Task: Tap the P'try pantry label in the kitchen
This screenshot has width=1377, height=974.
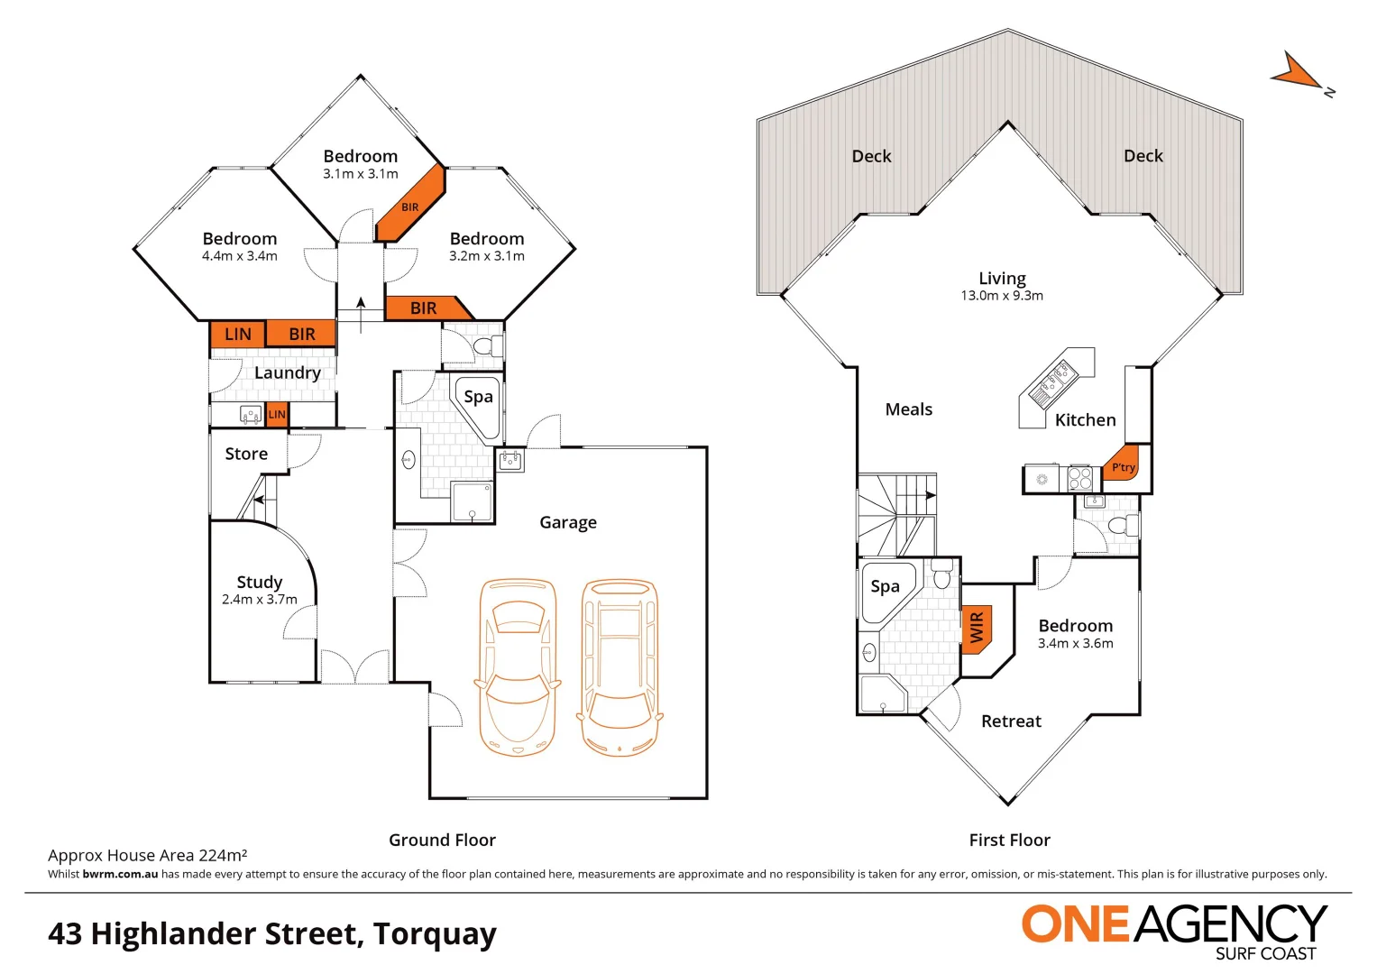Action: point(1123,466)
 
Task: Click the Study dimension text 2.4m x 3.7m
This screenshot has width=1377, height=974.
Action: point(259,600)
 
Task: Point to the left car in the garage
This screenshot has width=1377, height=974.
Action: point(518,666)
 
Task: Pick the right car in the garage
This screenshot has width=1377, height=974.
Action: point(620,666)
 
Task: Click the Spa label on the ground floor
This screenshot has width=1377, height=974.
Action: point(478,397)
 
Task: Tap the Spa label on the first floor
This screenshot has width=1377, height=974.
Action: point(885,587)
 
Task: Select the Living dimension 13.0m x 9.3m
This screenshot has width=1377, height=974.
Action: point(1002,296)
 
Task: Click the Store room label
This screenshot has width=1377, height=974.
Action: point(246,454)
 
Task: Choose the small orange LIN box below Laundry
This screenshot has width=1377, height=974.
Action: point(277,415)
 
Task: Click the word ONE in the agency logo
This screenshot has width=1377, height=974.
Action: point(1074,925)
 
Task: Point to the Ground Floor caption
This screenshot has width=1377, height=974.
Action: point(442,840)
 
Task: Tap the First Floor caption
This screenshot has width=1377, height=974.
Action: point(1009,840)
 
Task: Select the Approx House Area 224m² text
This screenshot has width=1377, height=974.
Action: point(147,855)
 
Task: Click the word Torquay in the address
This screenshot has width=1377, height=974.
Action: point(435,933)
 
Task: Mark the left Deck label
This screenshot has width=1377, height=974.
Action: point(871,156)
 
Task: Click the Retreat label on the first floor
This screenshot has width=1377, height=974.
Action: point(1011,721)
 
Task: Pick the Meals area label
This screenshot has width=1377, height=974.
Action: point(908,409)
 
